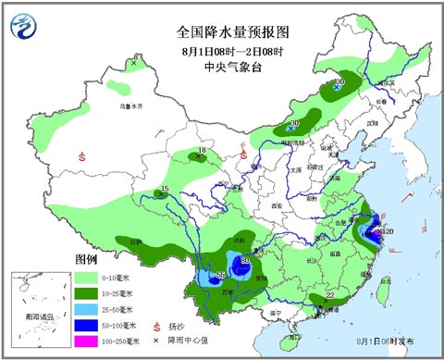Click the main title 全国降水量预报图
click(222, 31)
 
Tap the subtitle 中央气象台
click(222, 67)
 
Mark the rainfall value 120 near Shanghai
click(388, 231)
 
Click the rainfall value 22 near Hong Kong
click(330, 296)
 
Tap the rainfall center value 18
click(202, 151)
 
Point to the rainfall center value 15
click(164, 190)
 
